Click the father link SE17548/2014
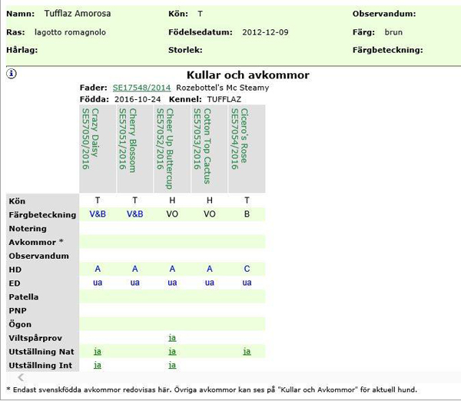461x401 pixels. [x=141, y=88]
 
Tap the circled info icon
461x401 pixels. [x=12, y=75]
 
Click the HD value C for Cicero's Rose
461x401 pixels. [x=247, y=269]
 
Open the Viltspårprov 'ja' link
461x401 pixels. [x=172, y=337]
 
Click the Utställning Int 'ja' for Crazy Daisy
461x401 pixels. [x=98, y=365]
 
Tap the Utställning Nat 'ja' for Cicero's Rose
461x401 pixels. [x=247, y=351]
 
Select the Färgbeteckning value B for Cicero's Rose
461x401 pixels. [x=247, y=214]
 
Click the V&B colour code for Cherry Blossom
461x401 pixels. [x=134, y=214]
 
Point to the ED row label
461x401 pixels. [x=15, y=283]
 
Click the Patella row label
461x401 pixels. [x=23, y=297]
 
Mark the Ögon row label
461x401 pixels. [x=20, y=324]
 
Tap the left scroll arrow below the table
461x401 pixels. [x=21, y=378]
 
